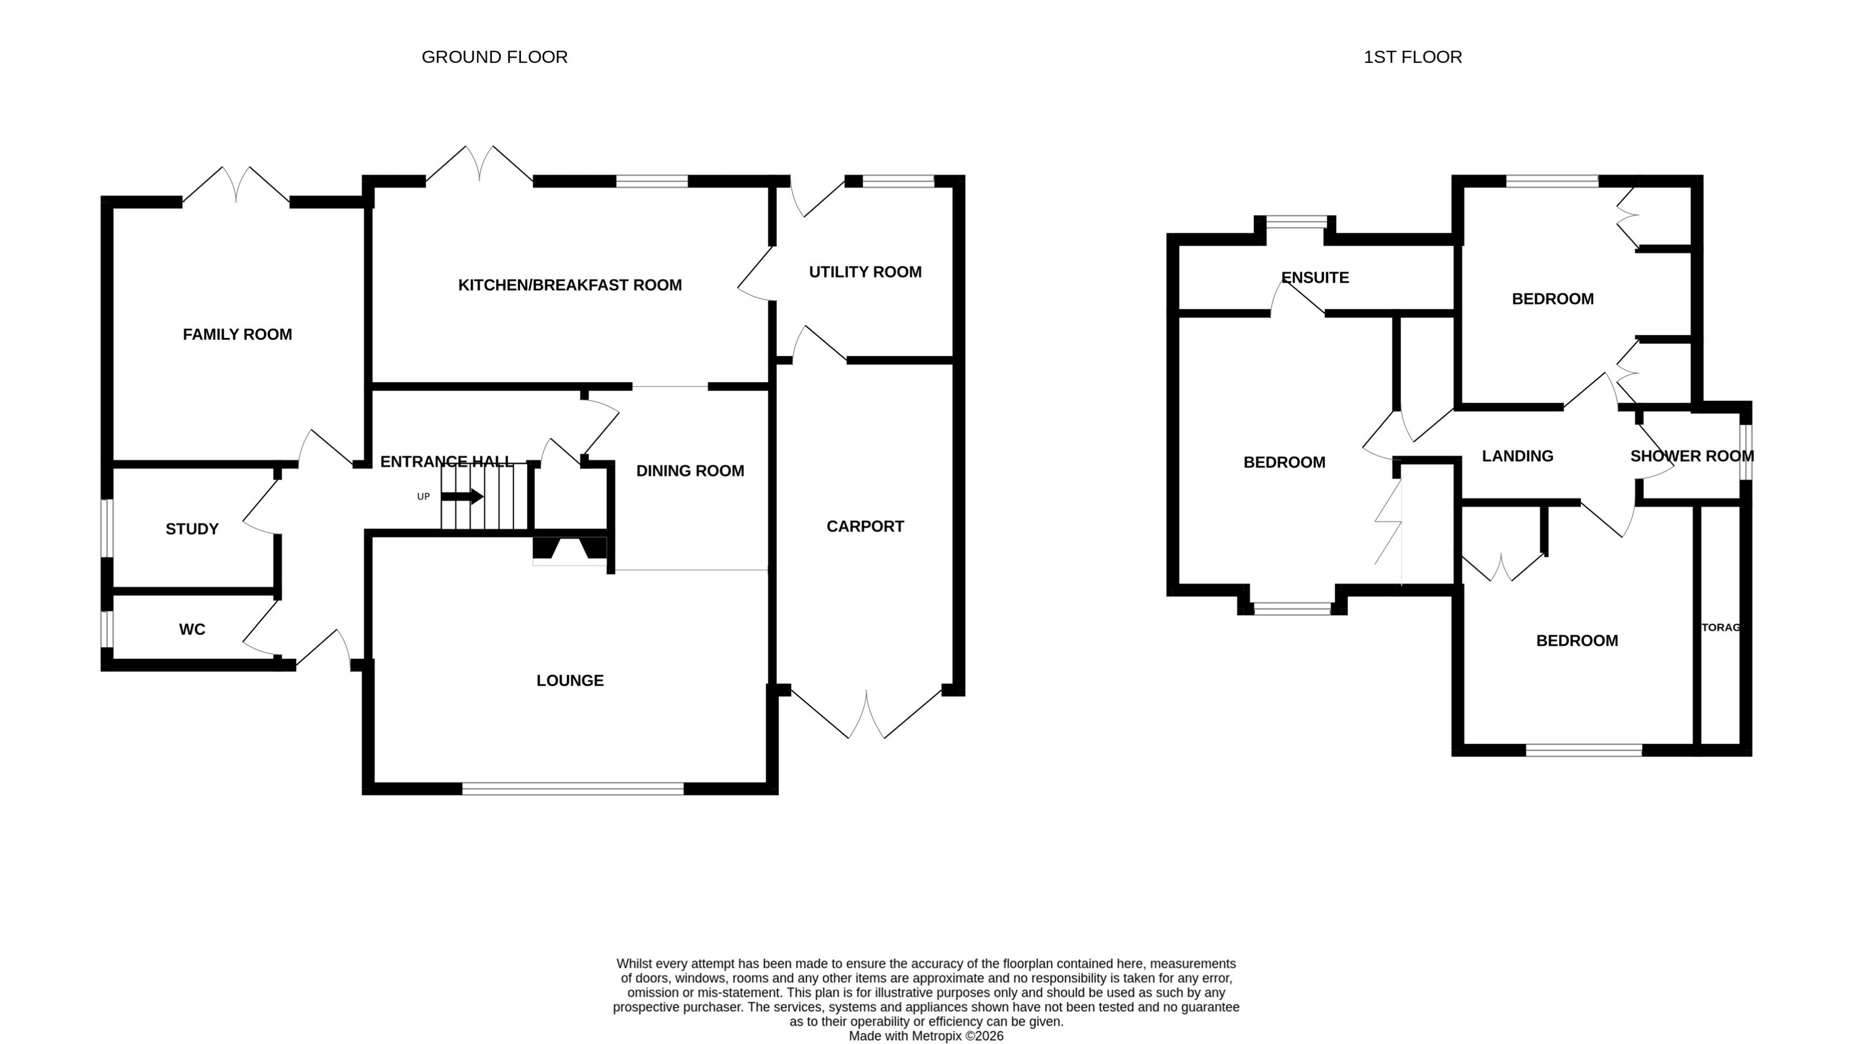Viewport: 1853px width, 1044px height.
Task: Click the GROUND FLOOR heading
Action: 494,57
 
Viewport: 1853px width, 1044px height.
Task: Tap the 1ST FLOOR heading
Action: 1412,57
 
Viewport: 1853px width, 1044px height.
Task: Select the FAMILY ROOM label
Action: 237,335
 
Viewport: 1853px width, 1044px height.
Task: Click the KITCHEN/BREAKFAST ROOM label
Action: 570,285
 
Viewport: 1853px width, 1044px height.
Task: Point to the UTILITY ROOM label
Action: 865,272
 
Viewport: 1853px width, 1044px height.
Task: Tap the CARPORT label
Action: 865,527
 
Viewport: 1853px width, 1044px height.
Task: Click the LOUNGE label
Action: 570,681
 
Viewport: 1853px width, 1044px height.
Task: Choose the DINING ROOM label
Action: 690,471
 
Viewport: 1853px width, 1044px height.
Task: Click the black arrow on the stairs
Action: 462,497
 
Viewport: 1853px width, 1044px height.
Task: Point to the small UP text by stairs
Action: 424,497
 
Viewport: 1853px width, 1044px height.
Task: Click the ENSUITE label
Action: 1315,278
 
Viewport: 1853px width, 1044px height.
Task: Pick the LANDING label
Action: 1517,456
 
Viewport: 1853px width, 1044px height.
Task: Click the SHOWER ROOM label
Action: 1691,456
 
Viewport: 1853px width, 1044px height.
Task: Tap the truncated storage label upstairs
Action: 1720,627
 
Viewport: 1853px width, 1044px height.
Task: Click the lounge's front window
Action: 573,789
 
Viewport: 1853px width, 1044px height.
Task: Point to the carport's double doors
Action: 866,715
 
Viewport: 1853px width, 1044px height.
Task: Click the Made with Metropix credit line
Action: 926,1036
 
